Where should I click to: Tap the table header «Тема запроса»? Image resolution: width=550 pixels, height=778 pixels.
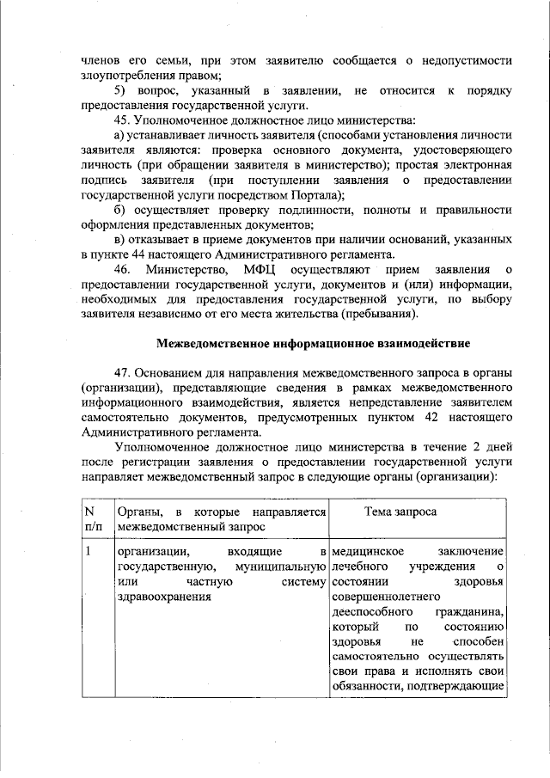pyautogui.click(x=400, y=512)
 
